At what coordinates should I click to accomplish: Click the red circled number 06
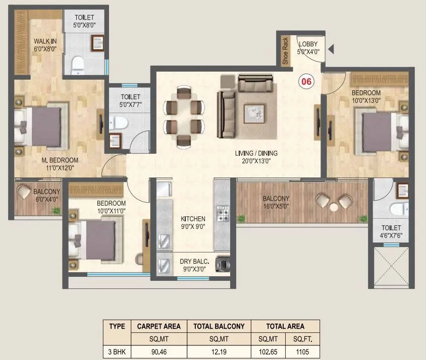[305, 80]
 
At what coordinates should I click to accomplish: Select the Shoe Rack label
[285, 51]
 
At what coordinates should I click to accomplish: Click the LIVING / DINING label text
[256, 153]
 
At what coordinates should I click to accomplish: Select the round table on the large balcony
[334, 206]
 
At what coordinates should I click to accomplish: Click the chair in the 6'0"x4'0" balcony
[24, 192]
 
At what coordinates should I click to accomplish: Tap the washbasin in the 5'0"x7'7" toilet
[116, 140]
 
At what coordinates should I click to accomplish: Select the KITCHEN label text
[193, 219]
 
